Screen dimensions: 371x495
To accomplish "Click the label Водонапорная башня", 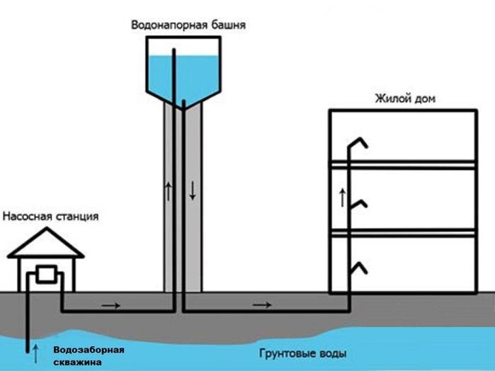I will click(188, 25).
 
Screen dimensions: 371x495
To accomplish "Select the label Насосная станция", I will click(50, 216).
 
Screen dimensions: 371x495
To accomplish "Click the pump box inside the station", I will click(47, 275).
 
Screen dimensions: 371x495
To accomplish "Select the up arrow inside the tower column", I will click(168, 190).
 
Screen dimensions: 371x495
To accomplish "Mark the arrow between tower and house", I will click(262, 305).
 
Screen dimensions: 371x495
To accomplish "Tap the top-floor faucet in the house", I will click(360, 142).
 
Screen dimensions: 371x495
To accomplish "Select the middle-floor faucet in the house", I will click(360, 204).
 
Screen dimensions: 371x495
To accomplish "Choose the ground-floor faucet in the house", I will click(360, 267).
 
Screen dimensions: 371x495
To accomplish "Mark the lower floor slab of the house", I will click(402, 232).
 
